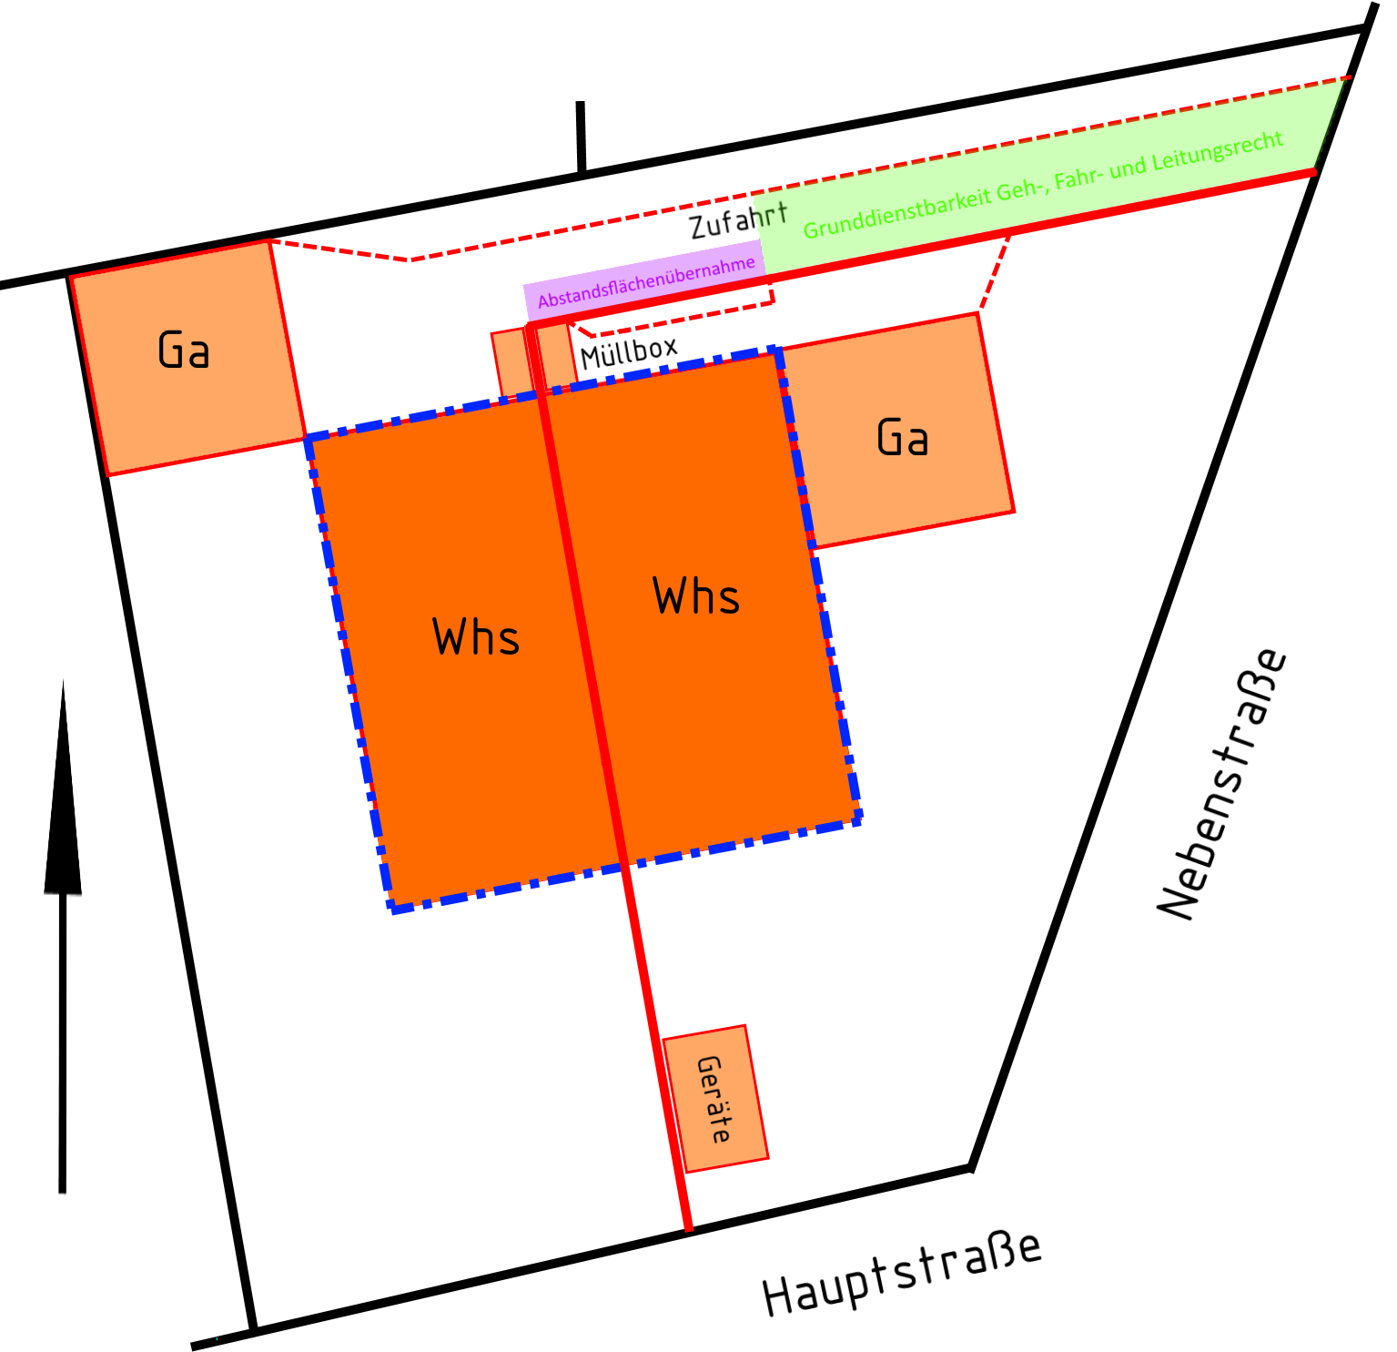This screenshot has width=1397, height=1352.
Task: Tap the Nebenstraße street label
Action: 1222,783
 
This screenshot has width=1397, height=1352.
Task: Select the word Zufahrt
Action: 737,220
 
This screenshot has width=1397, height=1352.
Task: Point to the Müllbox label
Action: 629,351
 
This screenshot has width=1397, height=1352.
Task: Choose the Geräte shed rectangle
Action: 715,1098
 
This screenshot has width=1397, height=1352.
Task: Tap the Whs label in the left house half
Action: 476,637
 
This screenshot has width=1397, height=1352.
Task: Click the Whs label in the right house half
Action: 696,597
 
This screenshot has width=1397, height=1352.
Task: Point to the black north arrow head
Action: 63,819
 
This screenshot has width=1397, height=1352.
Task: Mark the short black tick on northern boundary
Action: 581,137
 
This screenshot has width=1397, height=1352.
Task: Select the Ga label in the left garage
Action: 184,351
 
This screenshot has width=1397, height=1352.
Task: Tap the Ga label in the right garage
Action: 903,438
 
